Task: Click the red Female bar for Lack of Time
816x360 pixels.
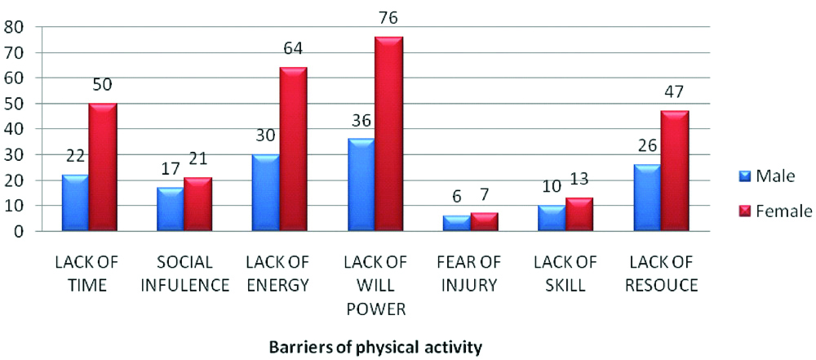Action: click(104, 167)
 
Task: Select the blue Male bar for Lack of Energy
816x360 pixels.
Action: click(267, 193)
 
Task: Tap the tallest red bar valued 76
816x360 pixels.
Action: click(389, 134)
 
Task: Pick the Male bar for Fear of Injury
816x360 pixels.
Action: click(457, 224)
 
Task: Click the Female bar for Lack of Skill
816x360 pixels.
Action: click(580, 215)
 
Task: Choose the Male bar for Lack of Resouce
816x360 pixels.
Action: click(646, 198)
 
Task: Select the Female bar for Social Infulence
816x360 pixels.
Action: click(198, 204)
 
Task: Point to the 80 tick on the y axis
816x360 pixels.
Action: click(13, 27)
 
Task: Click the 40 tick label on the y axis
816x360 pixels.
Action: click(13, 129)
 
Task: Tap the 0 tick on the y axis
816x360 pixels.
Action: click(18, 231)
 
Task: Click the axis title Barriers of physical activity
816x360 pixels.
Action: click(375, 346)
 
